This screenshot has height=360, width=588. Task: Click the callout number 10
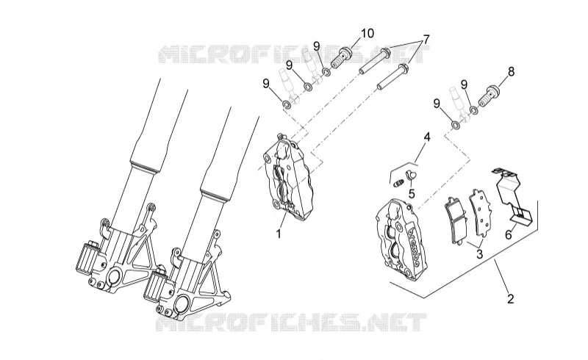point(367,33)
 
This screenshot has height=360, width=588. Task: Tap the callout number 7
point(426,40)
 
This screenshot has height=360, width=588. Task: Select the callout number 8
point(511,71)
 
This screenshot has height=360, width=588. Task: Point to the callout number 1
point(279,234)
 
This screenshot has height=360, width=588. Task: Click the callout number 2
point(510,298)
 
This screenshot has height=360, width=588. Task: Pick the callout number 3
point(480,254)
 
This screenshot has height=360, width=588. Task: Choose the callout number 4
point(427,137)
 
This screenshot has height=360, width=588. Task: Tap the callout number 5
point(412,194)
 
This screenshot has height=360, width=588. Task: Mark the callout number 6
point(508,235)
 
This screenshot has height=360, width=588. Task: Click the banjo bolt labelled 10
point(344,58)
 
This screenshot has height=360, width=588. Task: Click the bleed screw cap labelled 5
point(410,174)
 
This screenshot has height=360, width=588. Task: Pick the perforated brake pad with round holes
point(480,212)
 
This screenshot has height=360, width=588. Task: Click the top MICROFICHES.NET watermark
point(293,55)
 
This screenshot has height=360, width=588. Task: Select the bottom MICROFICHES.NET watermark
point(291,323)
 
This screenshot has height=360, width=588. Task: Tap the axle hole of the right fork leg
point(182,302)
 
